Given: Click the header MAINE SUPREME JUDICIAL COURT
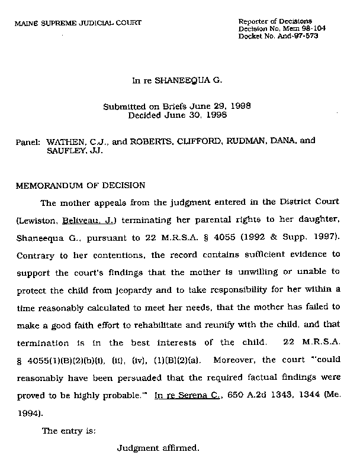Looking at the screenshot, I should click(x=78, y=23).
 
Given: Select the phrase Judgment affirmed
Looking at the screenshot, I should click(x=157, y=448).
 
